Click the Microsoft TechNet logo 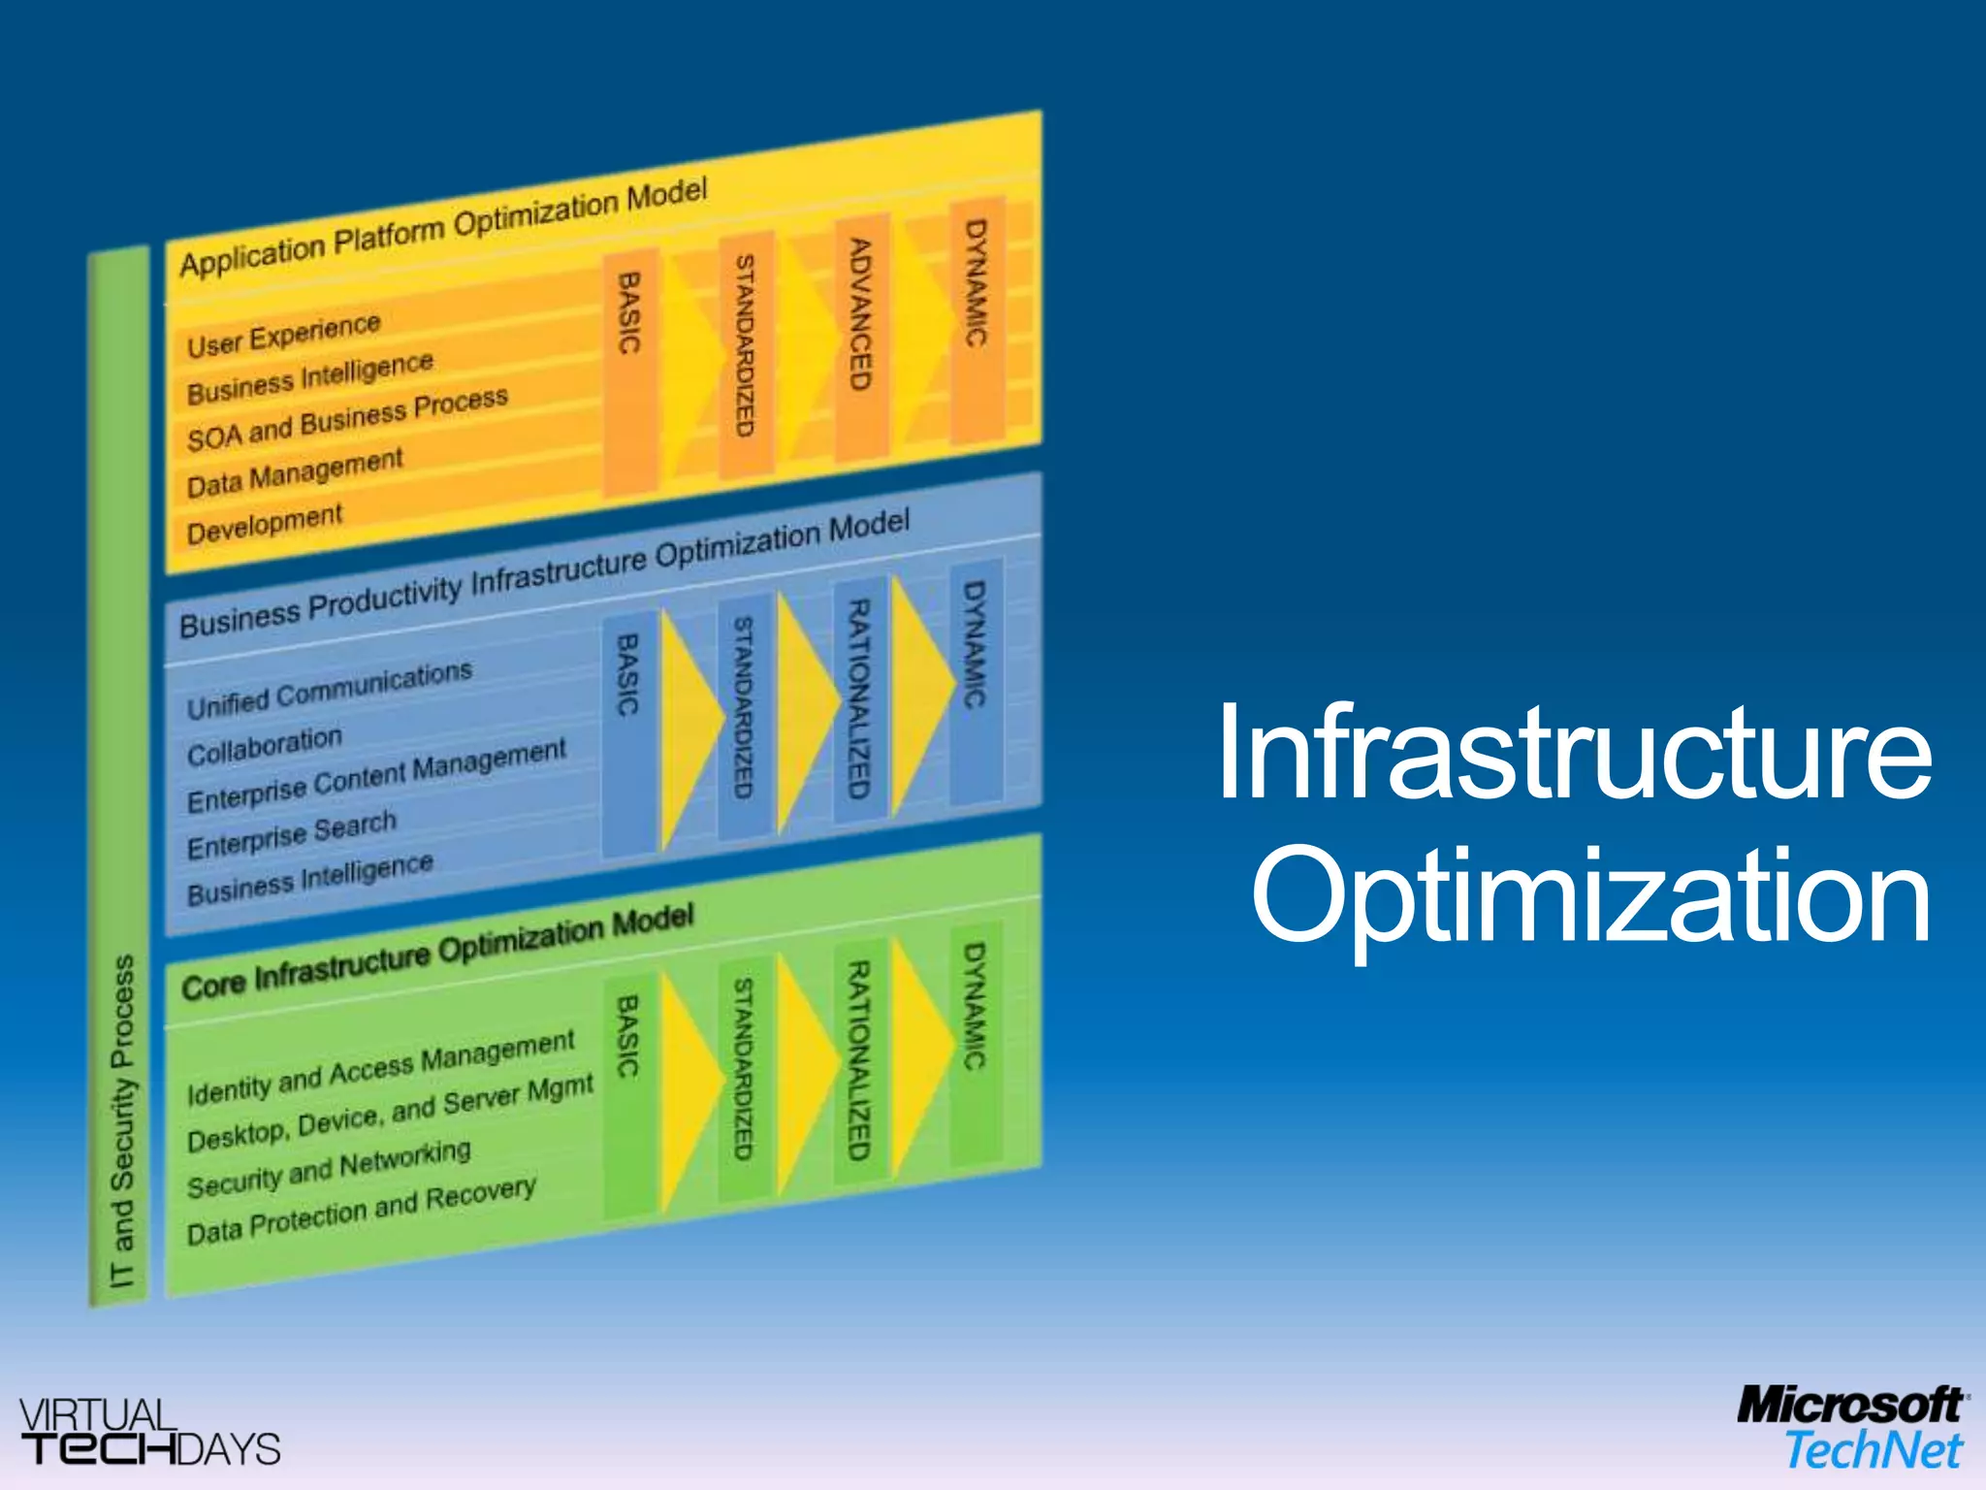tap(1849, 1428)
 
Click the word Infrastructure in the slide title tap(1573, 754)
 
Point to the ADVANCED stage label tap(860, 314)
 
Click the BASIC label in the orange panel tap(629, 312)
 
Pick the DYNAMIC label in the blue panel tap(975, 644)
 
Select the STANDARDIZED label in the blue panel tap(743, 707)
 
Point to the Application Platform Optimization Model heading tap(443, 227)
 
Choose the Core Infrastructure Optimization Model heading tap(437, 955)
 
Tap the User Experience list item tap(283, 335)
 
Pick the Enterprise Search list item tap(292, 835)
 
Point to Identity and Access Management tap(381, 1067)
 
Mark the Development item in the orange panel tap(264, 524)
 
